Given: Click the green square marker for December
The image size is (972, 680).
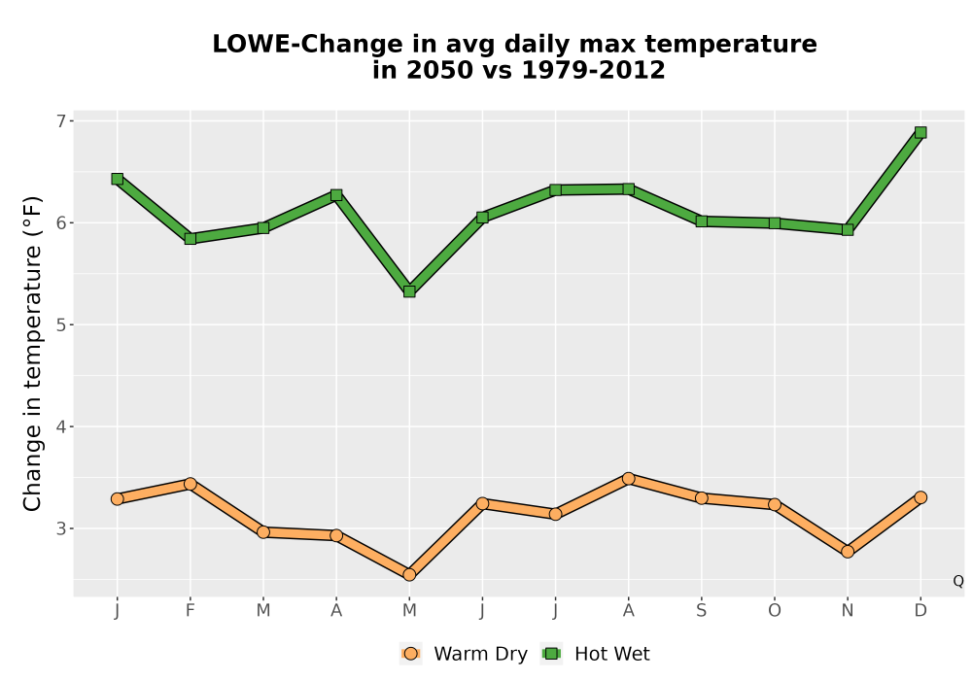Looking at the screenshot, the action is coord(920,132).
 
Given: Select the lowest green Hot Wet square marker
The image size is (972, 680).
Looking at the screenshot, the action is coord(409,291).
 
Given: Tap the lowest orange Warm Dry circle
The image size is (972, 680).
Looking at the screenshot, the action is coord(409,575).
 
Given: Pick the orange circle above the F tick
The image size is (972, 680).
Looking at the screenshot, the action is coord(191,484).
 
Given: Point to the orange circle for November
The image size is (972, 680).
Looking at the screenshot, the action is coord(848,551).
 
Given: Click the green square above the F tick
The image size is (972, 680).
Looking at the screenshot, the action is coord(191,238).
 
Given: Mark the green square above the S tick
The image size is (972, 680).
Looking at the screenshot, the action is coord(701,221).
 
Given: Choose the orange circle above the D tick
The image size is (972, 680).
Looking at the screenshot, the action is coord(920,497).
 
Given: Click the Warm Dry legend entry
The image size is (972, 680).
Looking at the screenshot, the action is coord(464,654).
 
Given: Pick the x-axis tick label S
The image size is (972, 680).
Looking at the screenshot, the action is coord(701,611).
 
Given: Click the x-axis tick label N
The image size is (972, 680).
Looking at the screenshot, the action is coord(848,611).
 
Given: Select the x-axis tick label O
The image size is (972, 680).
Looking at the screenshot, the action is coord(775,611).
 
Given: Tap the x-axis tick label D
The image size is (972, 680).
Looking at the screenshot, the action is coord(920,611).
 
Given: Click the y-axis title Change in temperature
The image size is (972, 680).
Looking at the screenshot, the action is coord(32,354).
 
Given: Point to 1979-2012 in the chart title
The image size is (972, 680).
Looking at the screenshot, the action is coord(593,70).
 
